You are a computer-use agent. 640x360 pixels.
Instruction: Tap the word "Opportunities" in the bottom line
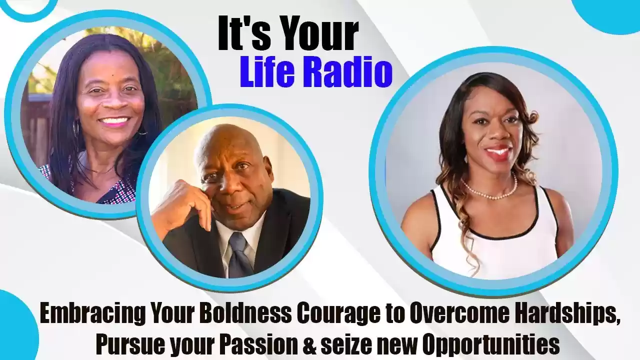(490, 345)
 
